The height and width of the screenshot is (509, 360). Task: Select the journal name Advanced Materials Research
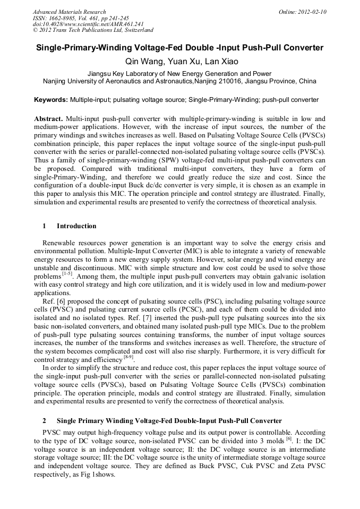click(x=69, y=12)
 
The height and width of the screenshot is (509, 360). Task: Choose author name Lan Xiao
click(x=221, y=62)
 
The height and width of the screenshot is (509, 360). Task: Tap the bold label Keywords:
click(x=51, y=100)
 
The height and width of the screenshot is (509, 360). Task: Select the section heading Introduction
click(x=76, y=226)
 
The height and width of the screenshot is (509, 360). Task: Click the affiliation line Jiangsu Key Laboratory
click(x=179, y=74)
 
